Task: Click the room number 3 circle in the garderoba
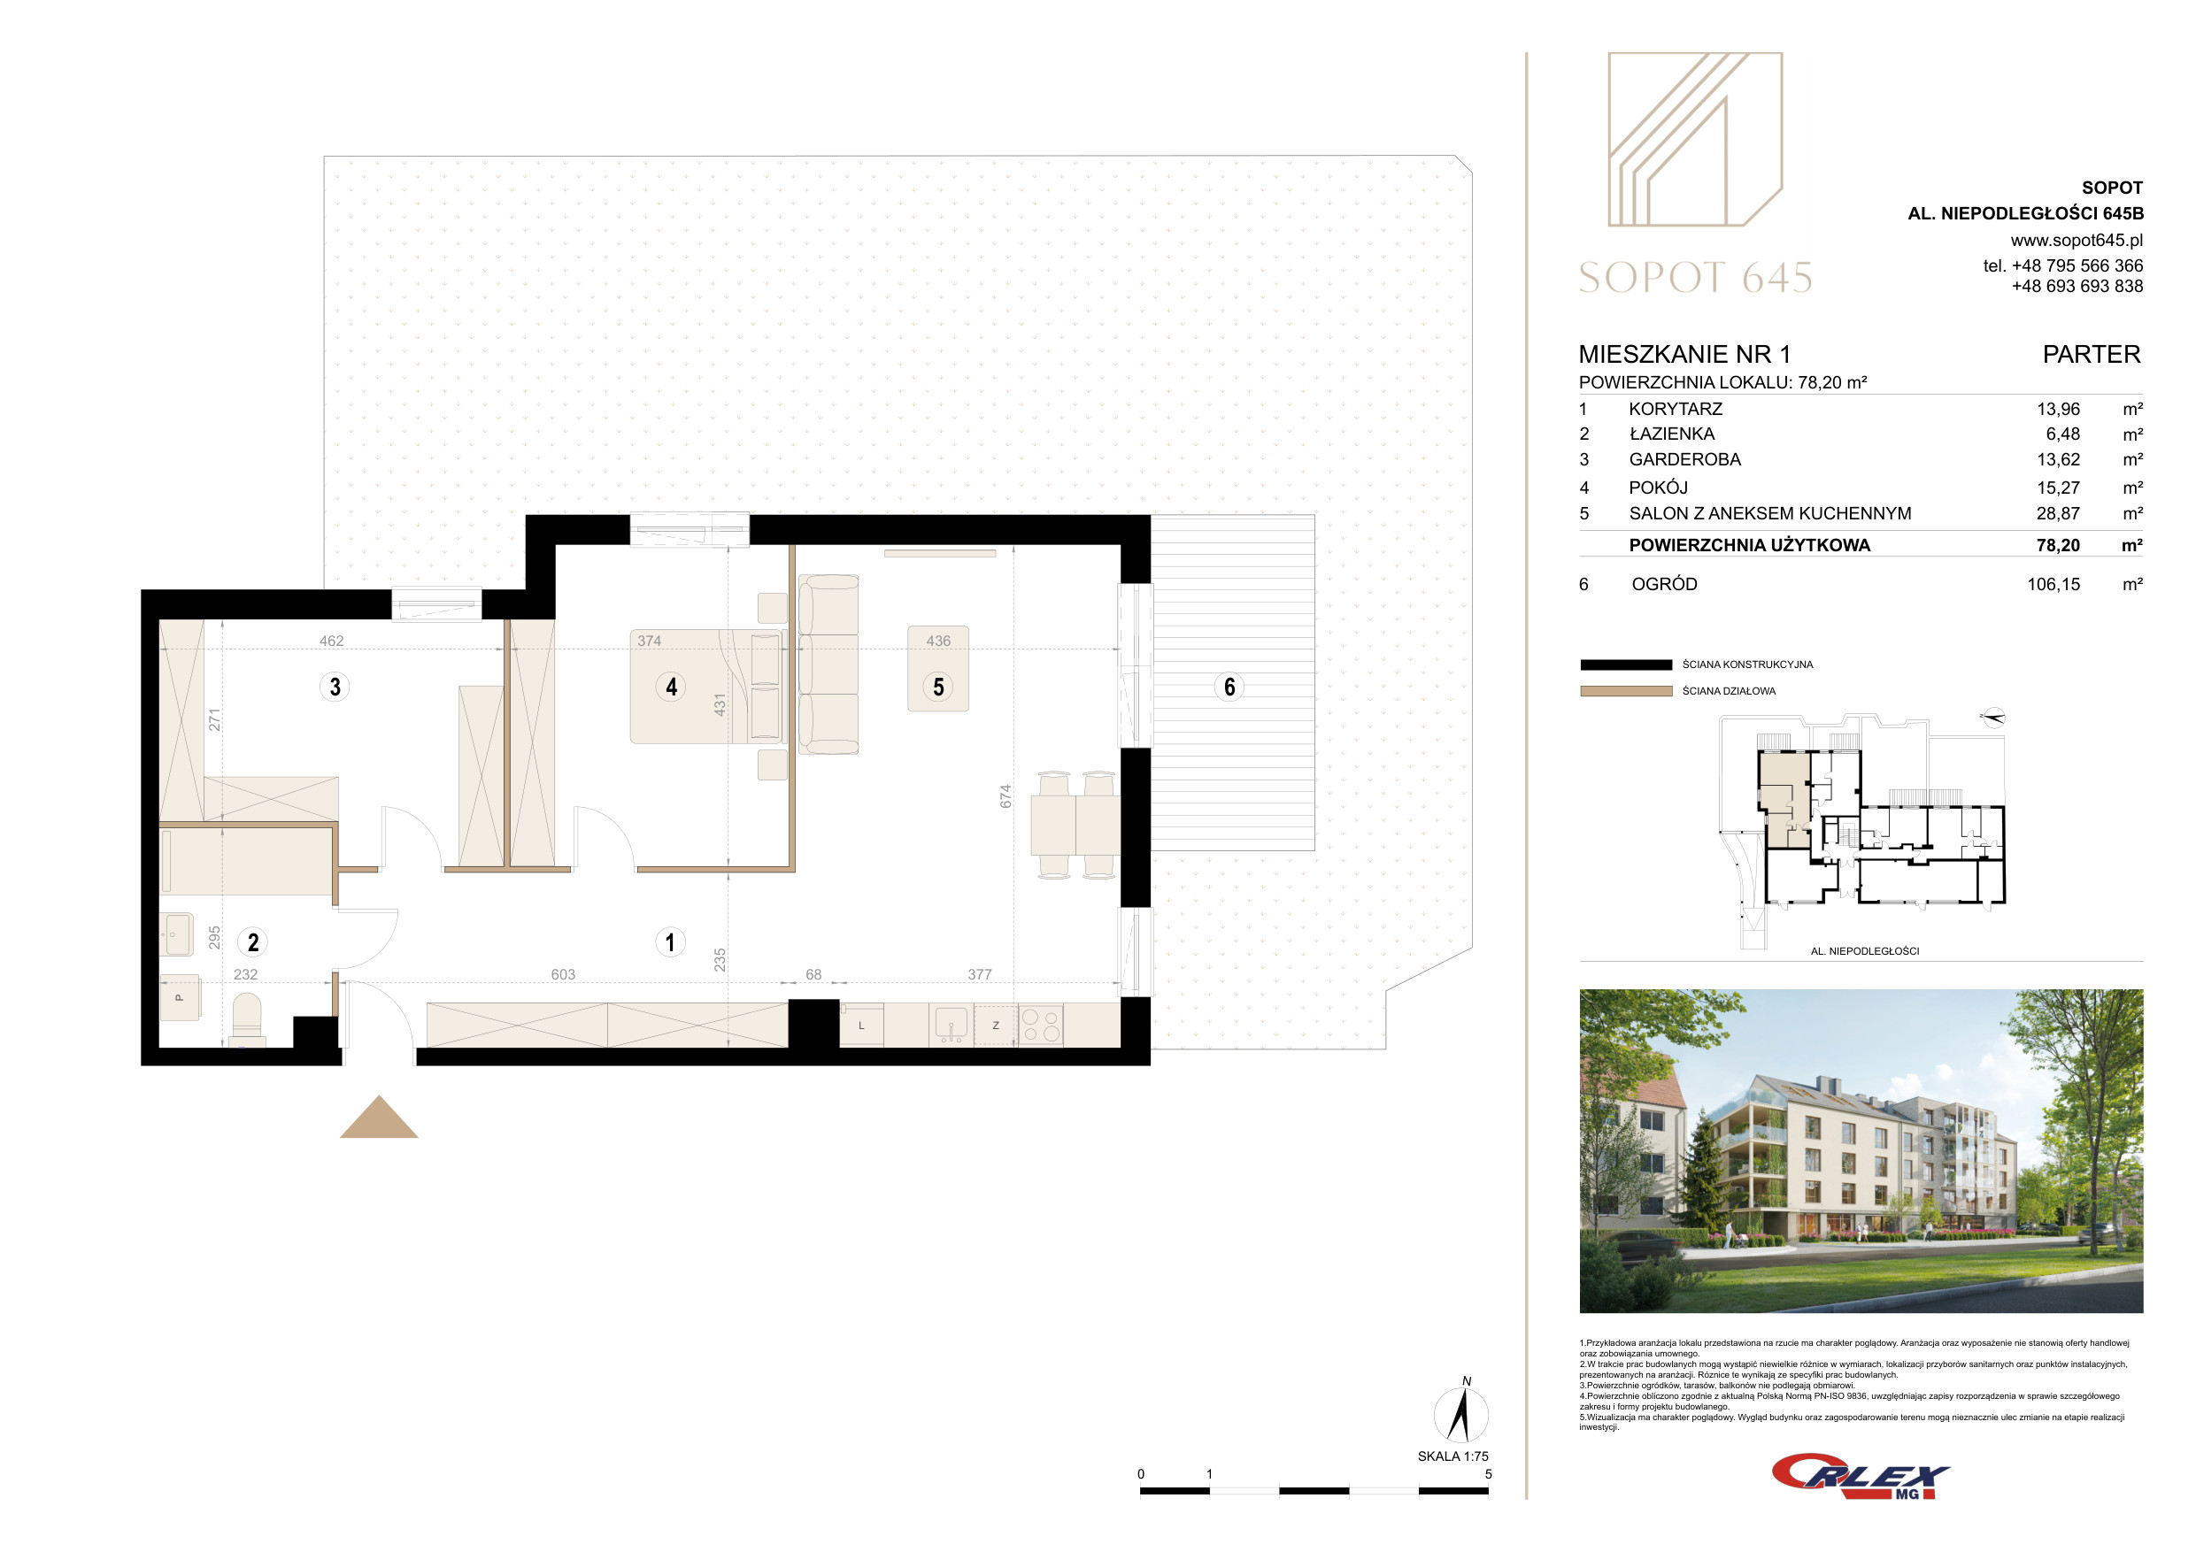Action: click(x=335, y=687)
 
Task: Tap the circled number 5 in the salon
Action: click(x=938, y=687)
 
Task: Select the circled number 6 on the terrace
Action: click(x=1229, y=687)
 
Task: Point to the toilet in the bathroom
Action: click(x=247, y=1018)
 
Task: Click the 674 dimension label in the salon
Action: click(x=1006, y=796)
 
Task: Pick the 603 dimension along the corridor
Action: click(x=563, y=974)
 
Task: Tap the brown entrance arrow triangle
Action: click(x=379, y=1117)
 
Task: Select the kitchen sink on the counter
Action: click(x=952, y=1024)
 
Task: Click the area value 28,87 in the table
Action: click(x=2057, y=513)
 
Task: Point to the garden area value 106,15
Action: click(x=2053, y=584)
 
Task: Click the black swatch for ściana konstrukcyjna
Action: click(x=1626, y=665)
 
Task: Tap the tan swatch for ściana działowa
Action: click(x=1626, y=691)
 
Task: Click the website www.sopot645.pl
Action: click(x=2077, y=241)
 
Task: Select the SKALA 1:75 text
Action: click(x=1452, y=1456)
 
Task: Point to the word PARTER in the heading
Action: click(x=2092, y=355)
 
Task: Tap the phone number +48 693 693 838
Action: click(x=2077, y=286)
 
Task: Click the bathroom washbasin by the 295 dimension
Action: click(x=177, y=934)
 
